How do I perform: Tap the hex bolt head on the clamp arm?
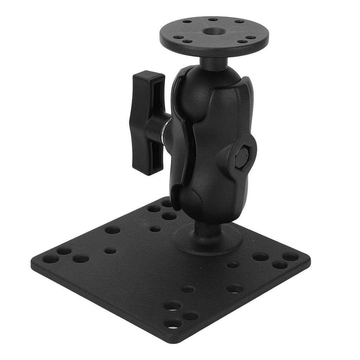tap(241, 157)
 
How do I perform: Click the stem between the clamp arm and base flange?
tap(207, 230)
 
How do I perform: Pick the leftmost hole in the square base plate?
tap(51, 260)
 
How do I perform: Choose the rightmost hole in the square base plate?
tap(291, 258)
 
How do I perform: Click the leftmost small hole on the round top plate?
tap(179, 37)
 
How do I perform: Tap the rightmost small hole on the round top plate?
tap(251, 37)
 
